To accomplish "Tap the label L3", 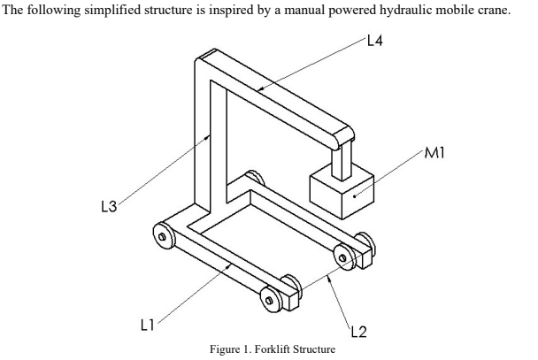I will pos(108,207).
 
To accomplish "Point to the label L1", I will pos(150,324).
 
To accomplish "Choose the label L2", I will pos(360,331).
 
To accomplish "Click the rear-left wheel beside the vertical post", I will pos(163,234).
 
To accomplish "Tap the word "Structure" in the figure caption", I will pos(311,349).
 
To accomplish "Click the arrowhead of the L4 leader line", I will pos(258,88).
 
